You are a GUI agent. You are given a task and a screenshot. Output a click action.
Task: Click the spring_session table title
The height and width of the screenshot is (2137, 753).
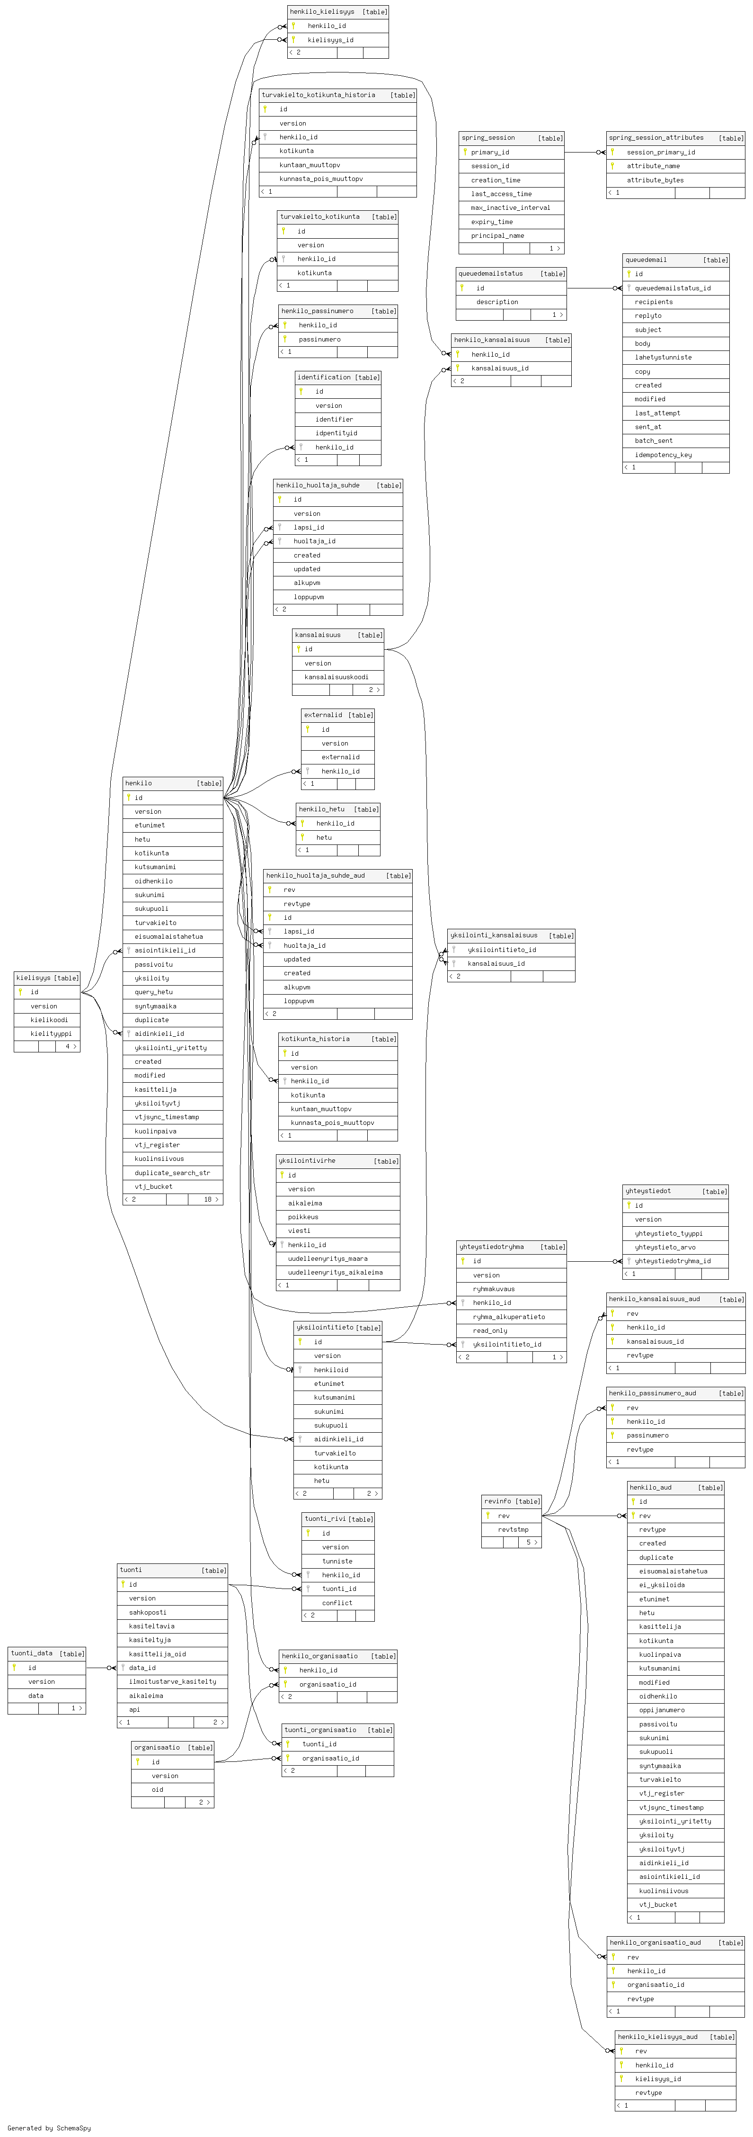[488, 138]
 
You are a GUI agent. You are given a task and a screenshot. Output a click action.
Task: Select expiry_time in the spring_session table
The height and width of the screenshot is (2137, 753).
[492, 222]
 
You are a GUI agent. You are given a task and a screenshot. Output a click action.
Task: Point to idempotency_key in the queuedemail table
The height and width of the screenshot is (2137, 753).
[663, 455]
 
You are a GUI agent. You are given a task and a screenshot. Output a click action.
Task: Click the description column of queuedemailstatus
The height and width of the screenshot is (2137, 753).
[497, 302]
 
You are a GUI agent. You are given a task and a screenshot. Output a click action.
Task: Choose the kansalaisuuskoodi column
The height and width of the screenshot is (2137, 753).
[336, 677]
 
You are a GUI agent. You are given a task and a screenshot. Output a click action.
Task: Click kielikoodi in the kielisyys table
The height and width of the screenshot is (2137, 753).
[49, 1020]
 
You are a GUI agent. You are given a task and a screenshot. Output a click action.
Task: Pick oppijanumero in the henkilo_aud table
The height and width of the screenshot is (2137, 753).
[662, 1710]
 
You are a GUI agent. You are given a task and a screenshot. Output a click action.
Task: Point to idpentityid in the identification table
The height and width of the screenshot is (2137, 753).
[336, 433]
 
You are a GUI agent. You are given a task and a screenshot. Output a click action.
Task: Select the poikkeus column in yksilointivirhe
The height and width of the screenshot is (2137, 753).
[303, 1217]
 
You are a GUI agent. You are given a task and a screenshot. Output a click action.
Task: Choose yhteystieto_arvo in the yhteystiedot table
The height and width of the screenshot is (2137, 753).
[665, 1247]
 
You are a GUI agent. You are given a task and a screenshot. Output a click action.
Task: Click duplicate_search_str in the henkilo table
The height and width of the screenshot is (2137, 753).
[172, 1172]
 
